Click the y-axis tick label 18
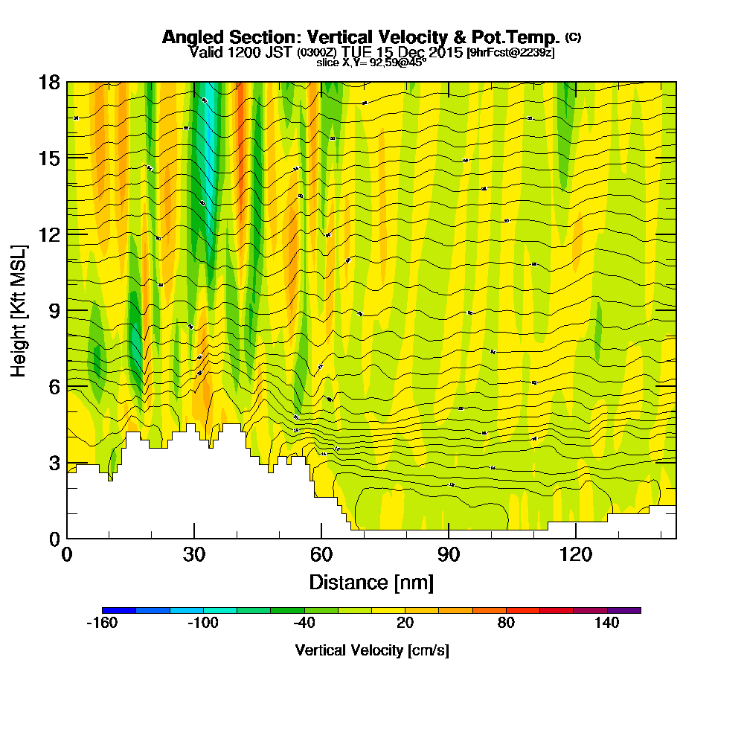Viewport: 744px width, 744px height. [50, 82]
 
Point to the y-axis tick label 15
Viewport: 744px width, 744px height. [50, 158]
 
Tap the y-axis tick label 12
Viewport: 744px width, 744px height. [50, 234]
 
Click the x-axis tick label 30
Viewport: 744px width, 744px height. [194, 555]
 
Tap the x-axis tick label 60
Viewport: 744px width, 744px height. [321, 555]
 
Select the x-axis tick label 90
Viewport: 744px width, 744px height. [449, 555]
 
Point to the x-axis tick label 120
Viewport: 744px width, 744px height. [576, 555]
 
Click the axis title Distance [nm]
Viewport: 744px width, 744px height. [371, 582]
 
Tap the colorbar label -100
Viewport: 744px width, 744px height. [203, 623]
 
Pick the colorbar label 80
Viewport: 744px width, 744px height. [507, 623]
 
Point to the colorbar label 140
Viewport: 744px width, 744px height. [607, 623]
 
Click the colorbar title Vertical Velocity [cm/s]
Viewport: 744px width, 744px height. [372, 650]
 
